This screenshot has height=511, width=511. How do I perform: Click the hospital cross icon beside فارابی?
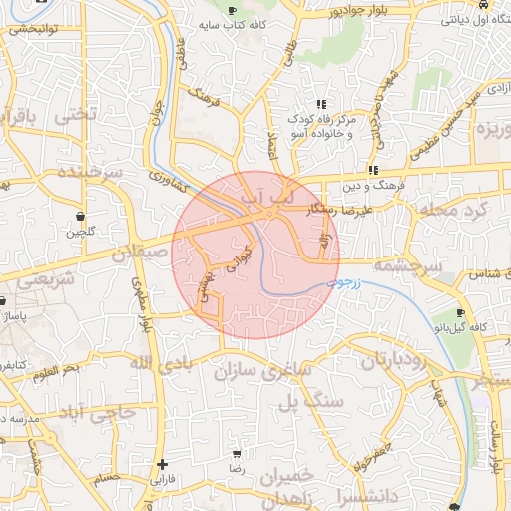tap(163, 464)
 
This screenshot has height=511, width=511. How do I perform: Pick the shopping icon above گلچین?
tap(80, 217)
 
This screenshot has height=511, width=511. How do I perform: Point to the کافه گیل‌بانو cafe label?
tap(463, 327)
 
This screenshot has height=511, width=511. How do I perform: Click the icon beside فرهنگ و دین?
tap(373, 170)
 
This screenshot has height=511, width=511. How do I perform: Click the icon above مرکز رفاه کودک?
tap(321, 104)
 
